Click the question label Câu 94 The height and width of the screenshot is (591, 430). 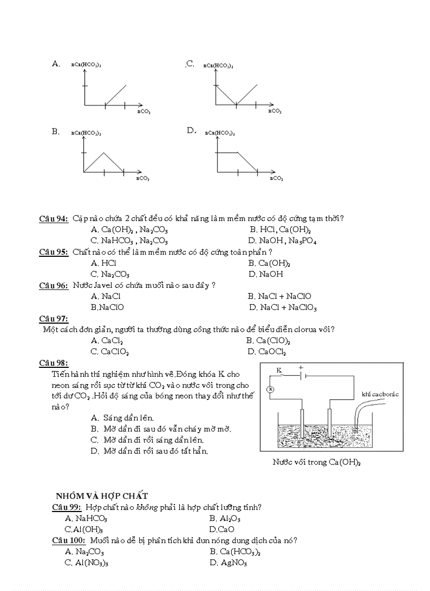coord(54,219)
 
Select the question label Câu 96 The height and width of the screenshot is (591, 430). coord(54,285)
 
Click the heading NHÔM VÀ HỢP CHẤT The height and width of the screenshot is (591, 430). coord(102,496)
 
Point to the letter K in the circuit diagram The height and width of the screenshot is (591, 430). coord(280,371)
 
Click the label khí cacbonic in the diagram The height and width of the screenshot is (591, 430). coord(380,394)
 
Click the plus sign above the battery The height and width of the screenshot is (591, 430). coord(300,368)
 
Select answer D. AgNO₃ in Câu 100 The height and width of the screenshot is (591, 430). coord(228,563)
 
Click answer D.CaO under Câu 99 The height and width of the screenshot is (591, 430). coord(221,529)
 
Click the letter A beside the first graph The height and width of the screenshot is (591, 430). coord(55,64)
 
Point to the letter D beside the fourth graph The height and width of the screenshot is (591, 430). coord(191,131)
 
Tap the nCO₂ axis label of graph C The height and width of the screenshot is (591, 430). coord(275,111)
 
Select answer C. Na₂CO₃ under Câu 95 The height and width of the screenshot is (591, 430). coord(110,274)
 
